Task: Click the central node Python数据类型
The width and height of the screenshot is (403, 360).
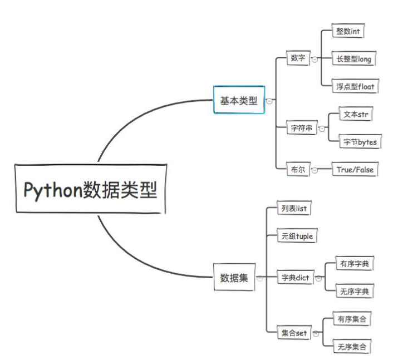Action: [91, 189]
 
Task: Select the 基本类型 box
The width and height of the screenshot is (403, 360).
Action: [239, 100]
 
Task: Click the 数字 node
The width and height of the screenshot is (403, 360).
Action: [298, 58]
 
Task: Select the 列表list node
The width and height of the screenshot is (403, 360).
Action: [294, 209]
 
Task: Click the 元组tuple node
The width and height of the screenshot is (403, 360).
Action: [297, 236]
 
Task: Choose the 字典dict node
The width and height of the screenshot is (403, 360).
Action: [295, 277]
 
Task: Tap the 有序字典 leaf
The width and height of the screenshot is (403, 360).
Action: [354, 264]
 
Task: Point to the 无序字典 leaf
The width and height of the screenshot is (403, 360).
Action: [354, 291]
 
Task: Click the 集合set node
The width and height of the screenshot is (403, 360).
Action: [294, 333]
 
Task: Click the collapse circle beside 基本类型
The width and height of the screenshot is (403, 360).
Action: [269, 101]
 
